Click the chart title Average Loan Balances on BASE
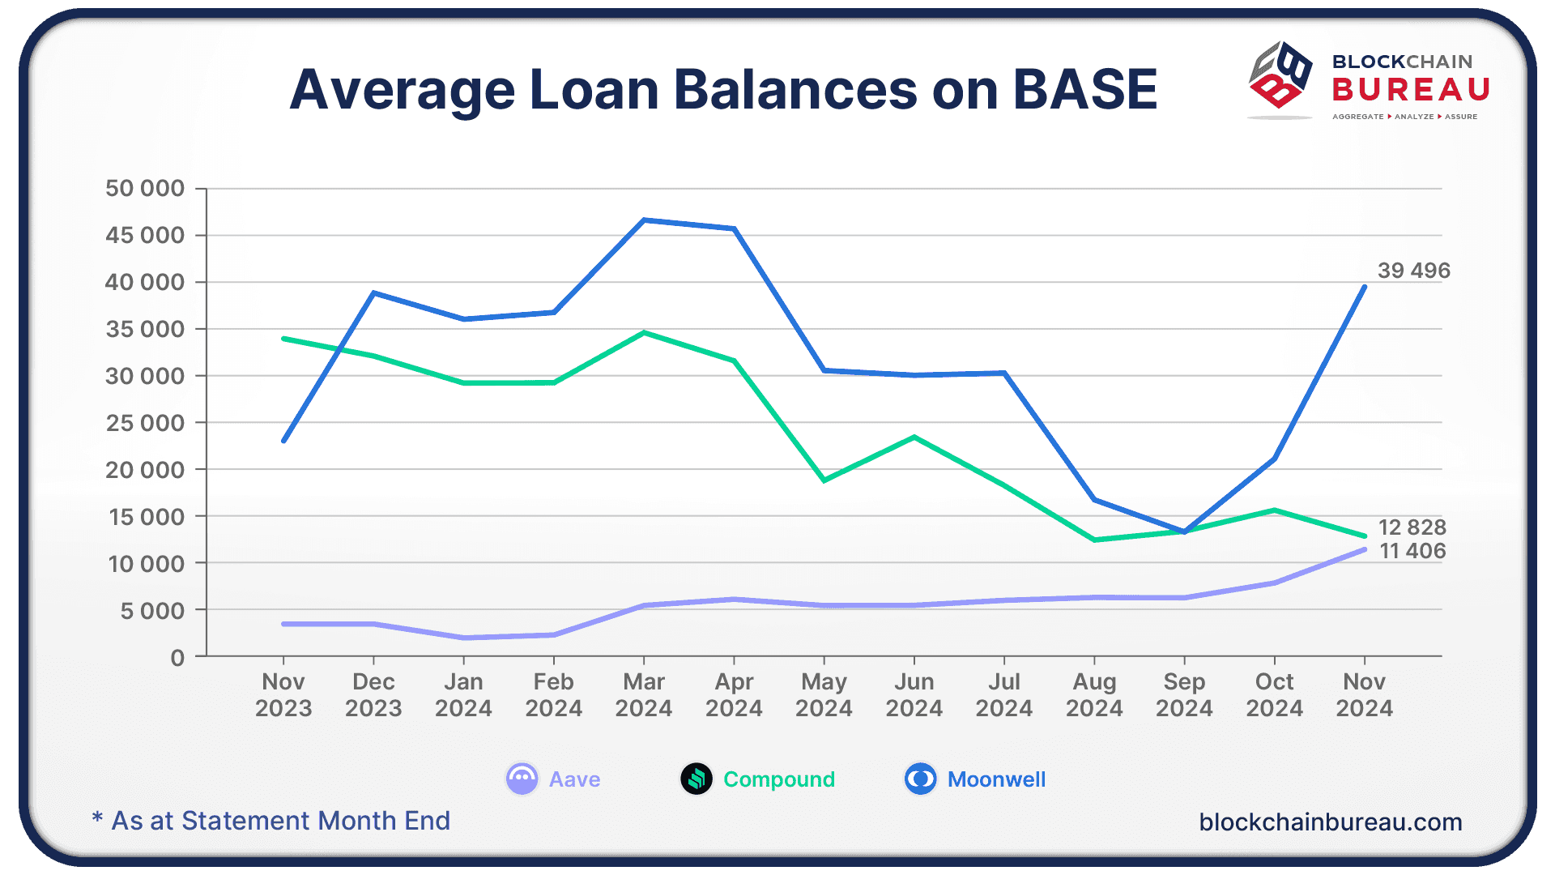(x=723, y=89)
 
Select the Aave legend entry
(x=554, y=779)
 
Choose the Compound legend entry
(x=758, y=779)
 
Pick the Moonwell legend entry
(x=975, y=779)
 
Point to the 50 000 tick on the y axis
(x=145, y=189)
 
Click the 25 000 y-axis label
(x=145, y=423)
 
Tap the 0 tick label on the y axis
(x=177, y=658)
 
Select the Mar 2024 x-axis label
(x=644, y=695)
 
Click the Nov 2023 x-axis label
(x=283, y=695)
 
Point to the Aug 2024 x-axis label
(x=1094, y=695)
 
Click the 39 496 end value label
(x=1413, y=271)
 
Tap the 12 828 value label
(x=1412, y=527)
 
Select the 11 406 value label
(x=1412, y=551)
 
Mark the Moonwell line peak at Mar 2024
(x=644, y=220)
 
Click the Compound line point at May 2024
(x=824, y=480)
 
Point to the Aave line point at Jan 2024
(x=464, y=638)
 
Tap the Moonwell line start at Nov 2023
(x=283, y=441)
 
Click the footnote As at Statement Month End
(x=271, y=821)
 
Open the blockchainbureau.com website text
(x=1330, y=822)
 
